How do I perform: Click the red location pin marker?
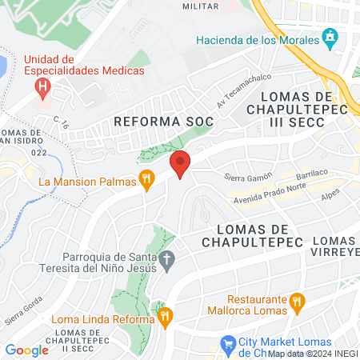tap(180, 164)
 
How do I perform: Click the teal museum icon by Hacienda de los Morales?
tap(329, 38)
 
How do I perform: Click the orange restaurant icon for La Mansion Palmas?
tap(146, 180)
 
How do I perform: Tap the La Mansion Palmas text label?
tap(86, 182)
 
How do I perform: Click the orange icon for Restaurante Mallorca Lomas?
tap(298, 301)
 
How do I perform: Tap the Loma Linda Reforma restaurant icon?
tap(166, 318)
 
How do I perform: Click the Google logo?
tap(26, 350)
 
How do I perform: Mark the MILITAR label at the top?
tap(201, 6)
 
